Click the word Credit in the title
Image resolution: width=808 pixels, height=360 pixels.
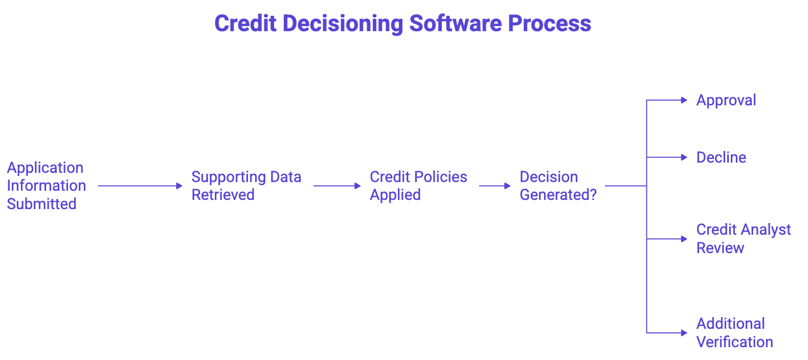click(x=245, y=24)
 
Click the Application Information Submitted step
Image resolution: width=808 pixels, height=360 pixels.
click(x=46, y=186)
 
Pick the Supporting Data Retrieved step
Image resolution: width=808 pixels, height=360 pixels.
click(x=246, y=186)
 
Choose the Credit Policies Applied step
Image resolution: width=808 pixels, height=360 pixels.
click(x=418, y=186)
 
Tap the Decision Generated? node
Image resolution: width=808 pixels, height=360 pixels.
click(x=557, y=186)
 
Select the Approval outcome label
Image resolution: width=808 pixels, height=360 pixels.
click(x=726, y=100)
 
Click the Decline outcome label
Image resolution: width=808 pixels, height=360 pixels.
click(x=721, y=157)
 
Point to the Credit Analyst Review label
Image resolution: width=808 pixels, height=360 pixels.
click(x=743, y=239)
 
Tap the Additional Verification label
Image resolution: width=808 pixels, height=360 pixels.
click(x=734, y=333)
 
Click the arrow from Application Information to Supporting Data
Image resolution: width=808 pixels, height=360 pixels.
click(x=140, y=186)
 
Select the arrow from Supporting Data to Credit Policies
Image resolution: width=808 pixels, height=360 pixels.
click(x=337, y=186)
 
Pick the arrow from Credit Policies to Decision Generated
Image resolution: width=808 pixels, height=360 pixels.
click(x=495, y=186)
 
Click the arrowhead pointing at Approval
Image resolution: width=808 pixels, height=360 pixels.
click(x=684, y=100)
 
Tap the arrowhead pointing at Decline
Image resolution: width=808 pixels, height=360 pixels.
click(x=684, y=157)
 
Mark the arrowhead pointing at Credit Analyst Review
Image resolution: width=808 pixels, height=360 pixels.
click(x=684, y=239)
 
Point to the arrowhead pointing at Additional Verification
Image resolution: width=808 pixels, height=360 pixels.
click(x=684, y=333)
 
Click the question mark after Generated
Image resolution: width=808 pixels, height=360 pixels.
click(x=593, y=195)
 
